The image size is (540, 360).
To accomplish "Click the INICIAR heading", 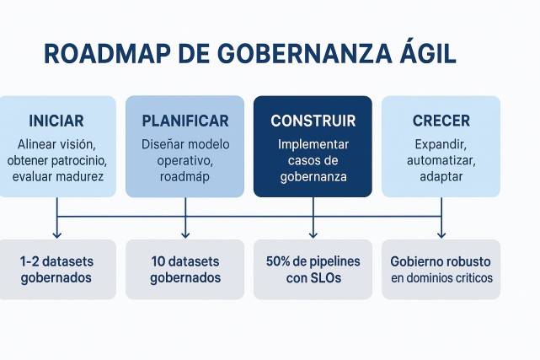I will [56, 121].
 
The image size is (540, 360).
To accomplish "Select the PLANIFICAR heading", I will [185, 121].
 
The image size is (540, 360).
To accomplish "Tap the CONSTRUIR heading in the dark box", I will [313, 121].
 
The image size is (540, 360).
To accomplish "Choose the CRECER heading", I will [441, 121].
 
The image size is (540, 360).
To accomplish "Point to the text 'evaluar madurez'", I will [57, 176].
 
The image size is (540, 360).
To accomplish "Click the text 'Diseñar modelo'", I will [185, 144].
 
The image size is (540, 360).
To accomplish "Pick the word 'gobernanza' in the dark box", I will [313, 176].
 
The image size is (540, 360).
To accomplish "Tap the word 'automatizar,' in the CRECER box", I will [441, 160].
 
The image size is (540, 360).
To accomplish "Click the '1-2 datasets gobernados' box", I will [56, 269].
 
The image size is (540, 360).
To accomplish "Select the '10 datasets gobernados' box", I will [185, 269].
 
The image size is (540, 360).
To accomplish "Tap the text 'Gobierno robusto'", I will [441, 261].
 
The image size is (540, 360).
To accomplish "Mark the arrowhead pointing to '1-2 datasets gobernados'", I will [56, 234].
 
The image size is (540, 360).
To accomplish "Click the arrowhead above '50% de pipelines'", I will [313, 234].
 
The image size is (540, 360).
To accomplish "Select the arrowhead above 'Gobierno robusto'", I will [441, 234].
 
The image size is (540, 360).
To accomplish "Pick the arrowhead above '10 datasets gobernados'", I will [185, 234].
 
